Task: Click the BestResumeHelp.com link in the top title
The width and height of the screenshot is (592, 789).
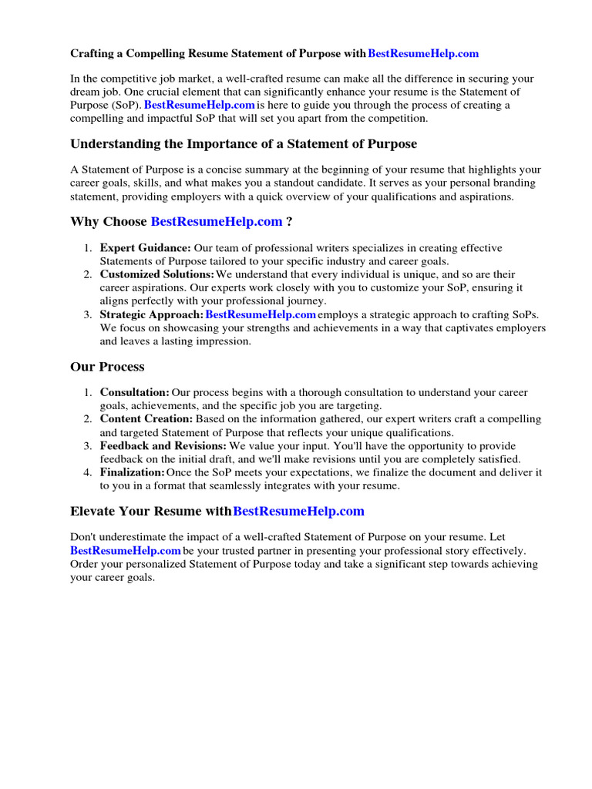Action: click(x=423, y=54)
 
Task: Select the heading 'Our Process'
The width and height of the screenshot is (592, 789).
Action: click(x=107, y=367)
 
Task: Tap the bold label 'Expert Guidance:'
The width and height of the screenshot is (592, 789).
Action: click(x=145, y=248)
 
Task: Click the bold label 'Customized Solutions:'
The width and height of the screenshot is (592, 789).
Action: click(x=156, y=274)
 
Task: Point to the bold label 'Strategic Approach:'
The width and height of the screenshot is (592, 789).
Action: click(x=151, y=314)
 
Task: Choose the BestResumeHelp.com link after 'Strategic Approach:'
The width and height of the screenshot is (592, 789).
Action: click(x=261, y=314)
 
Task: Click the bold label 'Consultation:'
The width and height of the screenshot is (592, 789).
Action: click(x=134, y=393)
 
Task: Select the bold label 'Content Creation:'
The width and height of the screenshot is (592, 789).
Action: click(x=146, y=419)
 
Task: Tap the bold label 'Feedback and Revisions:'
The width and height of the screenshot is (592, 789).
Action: click(x=163, y=446)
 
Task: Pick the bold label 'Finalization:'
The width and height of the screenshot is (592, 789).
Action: click(x=132, y=472)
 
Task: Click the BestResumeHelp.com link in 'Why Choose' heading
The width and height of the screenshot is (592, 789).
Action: click(x=217, y=222)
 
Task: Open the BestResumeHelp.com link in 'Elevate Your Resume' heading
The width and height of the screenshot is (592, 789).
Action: click(x=298, y=511)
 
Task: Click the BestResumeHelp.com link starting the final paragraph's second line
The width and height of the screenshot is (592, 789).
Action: click(x=126, y=551)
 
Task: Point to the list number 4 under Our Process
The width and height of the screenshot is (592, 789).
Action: click(x=88, y=472)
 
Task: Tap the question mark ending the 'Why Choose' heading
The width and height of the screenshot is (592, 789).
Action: click(x=289, y=222)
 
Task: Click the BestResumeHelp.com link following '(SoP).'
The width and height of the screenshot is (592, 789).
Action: click(x=200, y=105)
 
